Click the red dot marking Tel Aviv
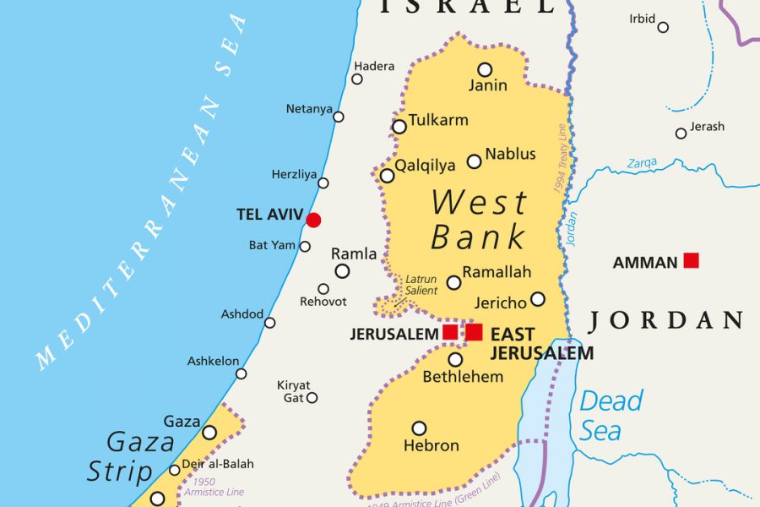coord(313,220)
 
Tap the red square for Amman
coord(691,260)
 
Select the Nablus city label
coord(510,154)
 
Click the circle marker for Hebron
coord(419,428)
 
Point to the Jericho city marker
coord(538,299)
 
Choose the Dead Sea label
coord(611,415)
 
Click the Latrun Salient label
coord(421,285)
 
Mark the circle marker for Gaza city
coord(209,433)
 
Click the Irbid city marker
coord(663,27)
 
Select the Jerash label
coord(707,127)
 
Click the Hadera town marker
coord(357,79)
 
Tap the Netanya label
coord(308,109)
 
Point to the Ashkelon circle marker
coord(242,373)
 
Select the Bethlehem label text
coord(463,377)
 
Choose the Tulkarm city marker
coord(399,127)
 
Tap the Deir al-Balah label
coord(219,464)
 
